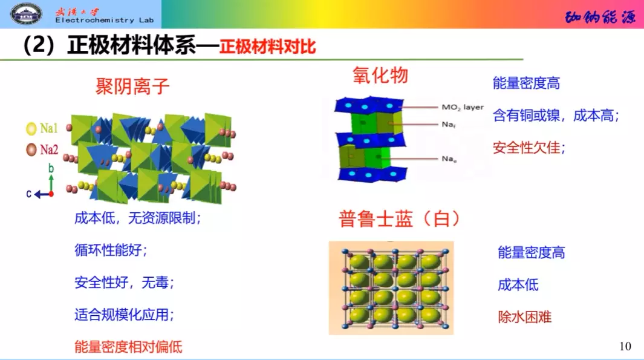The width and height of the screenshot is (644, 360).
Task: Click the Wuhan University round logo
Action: (26, 13)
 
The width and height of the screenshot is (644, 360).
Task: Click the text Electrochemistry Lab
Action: (104, 21)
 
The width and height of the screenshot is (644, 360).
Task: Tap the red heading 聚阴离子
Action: (132, 87)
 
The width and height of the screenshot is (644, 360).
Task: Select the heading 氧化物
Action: (380, 75)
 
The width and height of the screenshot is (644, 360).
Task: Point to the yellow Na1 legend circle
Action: (31, 128)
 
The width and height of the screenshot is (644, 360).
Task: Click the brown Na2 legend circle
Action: (31, 149)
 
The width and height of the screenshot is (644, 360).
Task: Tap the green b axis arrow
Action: (51, 181)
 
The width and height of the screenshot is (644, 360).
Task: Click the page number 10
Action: (625, 346)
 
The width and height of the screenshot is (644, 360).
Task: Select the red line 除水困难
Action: (524, 316)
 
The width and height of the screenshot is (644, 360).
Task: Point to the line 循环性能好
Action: (111, 250)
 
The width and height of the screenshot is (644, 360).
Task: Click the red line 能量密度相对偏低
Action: (128, 347)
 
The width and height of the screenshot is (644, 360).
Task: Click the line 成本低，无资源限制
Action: (137, 218)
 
